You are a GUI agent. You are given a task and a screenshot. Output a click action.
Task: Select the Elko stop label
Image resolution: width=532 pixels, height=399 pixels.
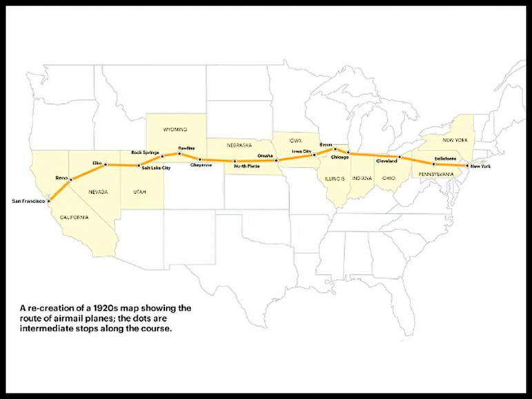pyautogui.click(x=97, y=162)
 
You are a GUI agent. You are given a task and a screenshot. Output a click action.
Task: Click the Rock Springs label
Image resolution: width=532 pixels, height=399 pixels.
pyautogui.click(x=145, y=152)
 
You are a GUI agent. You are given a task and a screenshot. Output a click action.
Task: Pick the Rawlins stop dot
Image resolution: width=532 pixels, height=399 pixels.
pyautogui.click(x=179, y=153)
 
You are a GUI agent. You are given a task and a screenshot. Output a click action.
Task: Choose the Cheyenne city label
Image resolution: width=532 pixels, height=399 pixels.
pyautogui.click(x=201, y=166)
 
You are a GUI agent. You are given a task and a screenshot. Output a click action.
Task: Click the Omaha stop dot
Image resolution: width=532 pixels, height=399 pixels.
pyautogui.click(x=277, y=161)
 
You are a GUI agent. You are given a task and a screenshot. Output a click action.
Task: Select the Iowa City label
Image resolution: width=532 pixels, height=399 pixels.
pyautogui.click(x=302, y=150)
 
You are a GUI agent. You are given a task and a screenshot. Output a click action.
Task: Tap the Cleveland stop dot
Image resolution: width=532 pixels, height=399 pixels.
pyautogui.click(x=399, y=157)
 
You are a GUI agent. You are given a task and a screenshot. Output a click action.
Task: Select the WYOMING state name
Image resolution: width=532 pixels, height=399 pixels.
pyautogui.click(x=175, y=129)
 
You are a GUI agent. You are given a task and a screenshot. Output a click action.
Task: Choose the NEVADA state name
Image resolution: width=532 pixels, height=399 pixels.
pyautogui.click(x=100, y=191)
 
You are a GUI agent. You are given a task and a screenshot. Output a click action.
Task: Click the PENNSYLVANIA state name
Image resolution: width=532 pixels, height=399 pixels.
pyautogui.click(x=436, y=174)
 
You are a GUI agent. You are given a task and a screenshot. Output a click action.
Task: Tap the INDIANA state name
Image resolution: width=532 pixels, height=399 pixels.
pyautogui.click(x=362, y=178)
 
